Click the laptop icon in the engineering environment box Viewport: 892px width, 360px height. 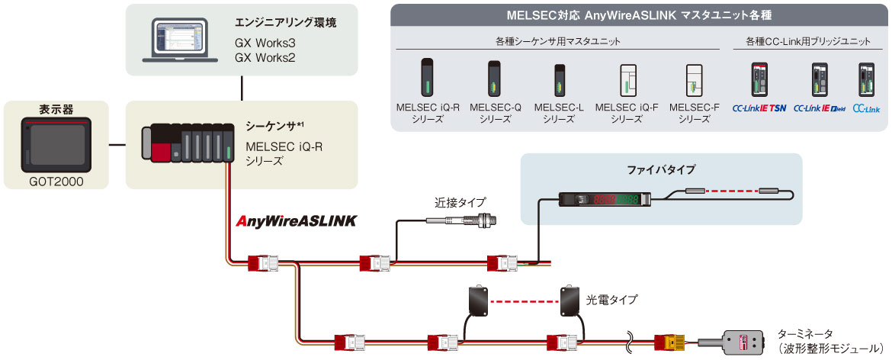tap(178, 40)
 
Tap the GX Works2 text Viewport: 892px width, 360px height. tap(265, 58)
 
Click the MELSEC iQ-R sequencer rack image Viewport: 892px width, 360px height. tap(188, 143)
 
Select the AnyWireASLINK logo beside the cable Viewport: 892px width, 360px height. tap(297, 221)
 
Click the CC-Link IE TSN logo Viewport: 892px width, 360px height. tap(759, 109)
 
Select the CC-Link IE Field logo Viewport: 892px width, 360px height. tap(820, 109)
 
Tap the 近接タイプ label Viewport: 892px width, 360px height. tap(460, 203)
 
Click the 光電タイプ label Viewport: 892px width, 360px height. tap(611, 300)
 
